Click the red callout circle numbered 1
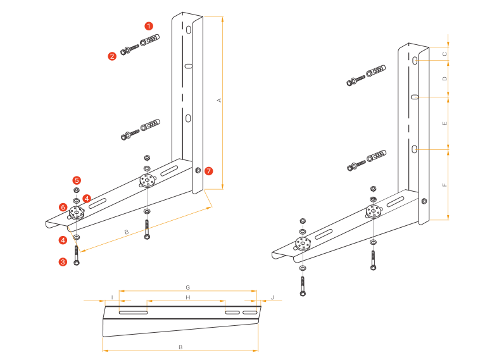148,26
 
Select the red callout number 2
112,56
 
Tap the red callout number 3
63,261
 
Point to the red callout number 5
76,180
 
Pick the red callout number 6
63,207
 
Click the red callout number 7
209,171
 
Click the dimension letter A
219,101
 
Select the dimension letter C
445,55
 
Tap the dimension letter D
445,79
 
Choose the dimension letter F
445,185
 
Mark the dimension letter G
188,287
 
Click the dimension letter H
187,297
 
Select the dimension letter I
112,297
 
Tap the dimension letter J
272,297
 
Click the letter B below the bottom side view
180,347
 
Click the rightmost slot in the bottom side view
251,313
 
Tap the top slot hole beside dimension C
414,61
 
